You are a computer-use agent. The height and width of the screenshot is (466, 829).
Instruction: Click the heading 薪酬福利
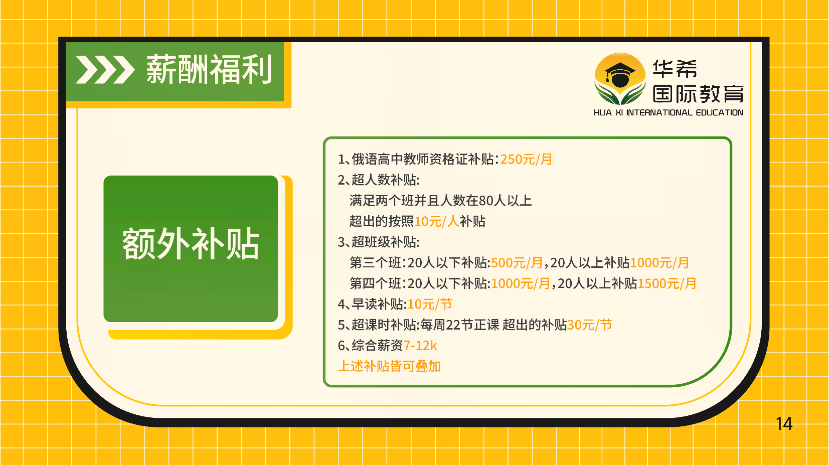click(209, 69)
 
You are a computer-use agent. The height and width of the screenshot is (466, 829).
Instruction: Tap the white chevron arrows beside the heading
click(105, 70)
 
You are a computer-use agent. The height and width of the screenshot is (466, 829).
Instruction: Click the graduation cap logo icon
click(620, 78)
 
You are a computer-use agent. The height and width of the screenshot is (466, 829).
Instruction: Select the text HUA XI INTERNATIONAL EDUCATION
click(669, 112)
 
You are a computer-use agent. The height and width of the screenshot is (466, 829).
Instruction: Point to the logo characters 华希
click(675, 69)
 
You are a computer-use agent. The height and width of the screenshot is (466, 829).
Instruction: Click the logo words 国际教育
click(698, 93)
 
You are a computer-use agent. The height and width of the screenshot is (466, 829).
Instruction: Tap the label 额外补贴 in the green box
click(191, 244)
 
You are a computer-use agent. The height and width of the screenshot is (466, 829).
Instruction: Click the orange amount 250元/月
click(526, 159)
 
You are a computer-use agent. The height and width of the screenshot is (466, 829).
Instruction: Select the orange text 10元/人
click(437, 221)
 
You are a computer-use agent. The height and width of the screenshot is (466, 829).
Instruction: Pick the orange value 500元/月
click(517, 263)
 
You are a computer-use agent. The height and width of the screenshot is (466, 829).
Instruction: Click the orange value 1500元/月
click(667, 283)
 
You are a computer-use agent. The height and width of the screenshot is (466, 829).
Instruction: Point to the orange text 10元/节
click(430, 304)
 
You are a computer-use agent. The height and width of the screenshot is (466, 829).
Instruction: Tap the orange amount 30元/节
click(590, 325)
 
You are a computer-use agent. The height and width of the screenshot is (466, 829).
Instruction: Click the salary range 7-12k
click(420, 346)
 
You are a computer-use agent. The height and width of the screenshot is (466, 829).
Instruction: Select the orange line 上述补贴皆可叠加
click(389, 367)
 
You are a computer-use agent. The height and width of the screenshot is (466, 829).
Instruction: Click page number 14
click(784, 424)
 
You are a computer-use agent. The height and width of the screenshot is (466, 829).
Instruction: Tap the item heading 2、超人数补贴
click(378, 180)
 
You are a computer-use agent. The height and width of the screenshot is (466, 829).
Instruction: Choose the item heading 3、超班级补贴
click(378, 242)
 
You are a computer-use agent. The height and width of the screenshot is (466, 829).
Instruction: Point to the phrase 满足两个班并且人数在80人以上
click(440, 201)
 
